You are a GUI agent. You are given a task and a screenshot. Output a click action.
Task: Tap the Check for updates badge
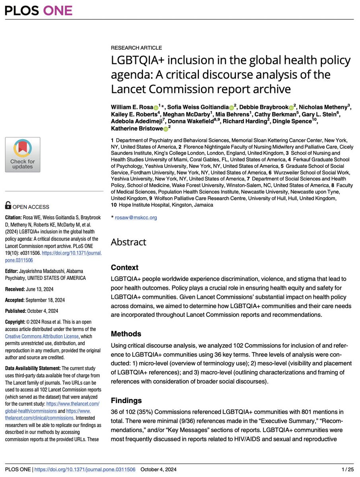coord(22,155)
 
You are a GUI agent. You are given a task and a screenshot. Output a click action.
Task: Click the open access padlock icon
coord(8,205)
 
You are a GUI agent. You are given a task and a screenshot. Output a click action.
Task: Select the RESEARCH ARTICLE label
coord(136,48)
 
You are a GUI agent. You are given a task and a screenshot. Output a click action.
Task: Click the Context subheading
coord(125,268)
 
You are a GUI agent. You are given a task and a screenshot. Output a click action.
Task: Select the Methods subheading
coord(126,334)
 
